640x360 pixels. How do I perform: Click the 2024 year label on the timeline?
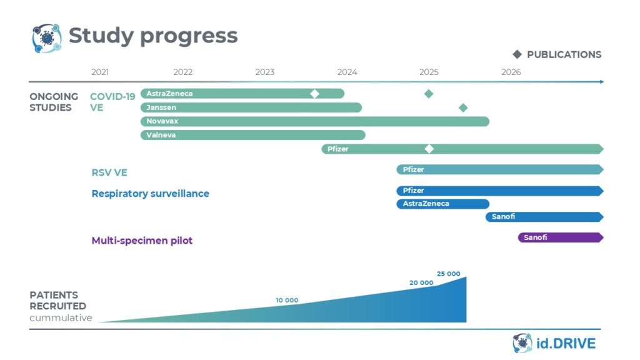pos(347,72)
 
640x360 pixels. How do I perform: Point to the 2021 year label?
pos(100,72)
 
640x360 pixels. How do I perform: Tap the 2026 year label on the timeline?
pos(511,72)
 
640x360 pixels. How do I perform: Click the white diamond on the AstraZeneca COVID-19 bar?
pos(315,94)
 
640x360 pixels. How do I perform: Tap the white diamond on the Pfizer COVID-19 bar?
pos(429,149)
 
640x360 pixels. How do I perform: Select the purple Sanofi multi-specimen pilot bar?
pos(560,237)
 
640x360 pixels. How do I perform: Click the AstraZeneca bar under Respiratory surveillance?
pos(442,204)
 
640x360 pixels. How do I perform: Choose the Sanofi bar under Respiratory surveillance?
pos(544,217)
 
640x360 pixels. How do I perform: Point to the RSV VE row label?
pos(109,172)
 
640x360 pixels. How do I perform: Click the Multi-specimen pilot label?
pos(142,241)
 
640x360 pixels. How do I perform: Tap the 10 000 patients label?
pos(287,301)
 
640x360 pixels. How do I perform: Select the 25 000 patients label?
pos(448,274)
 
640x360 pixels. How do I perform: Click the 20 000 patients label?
pos(421,282)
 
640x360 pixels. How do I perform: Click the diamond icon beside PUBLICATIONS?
pos(517,54)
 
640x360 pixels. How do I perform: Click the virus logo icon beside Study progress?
pos(47,37)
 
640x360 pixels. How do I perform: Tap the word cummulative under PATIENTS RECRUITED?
pos(61,318)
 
